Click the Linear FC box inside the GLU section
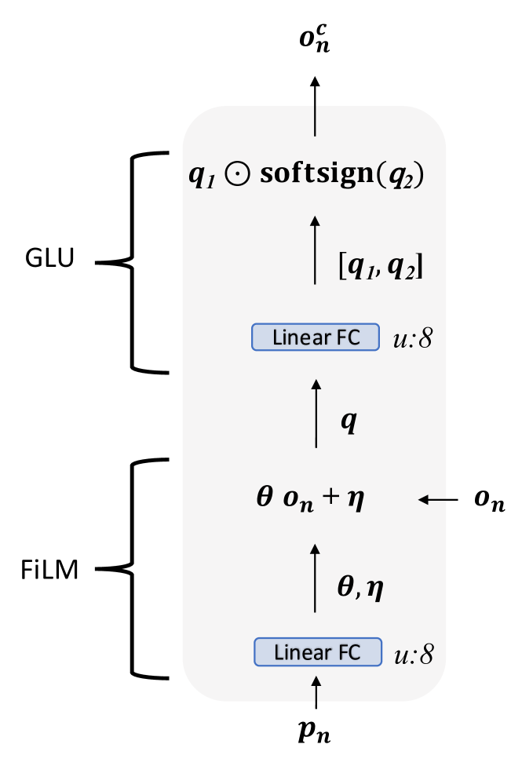point(316,337)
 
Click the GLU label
point(49,260)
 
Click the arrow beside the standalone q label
point(315,414)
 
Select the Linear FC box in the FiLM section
point(318,651)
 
